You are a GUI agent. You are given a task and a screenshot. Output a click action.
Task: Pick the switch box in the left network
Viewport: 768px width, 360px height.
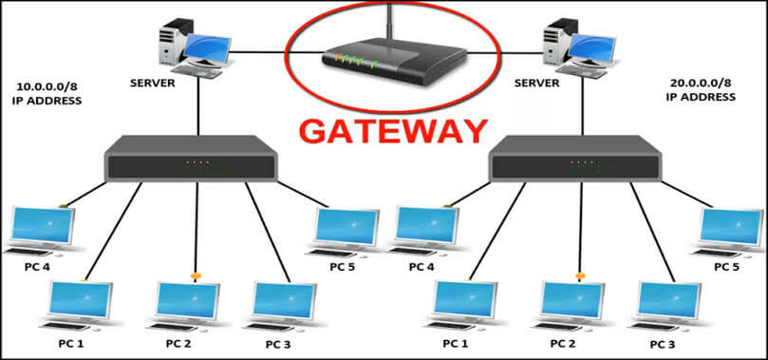pyautogui.click(x=191, y=160)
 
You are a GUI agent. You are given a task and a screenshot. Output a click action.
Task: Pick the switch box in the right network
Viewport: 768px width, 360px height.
pyautogui.click(x=573, y=160)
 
